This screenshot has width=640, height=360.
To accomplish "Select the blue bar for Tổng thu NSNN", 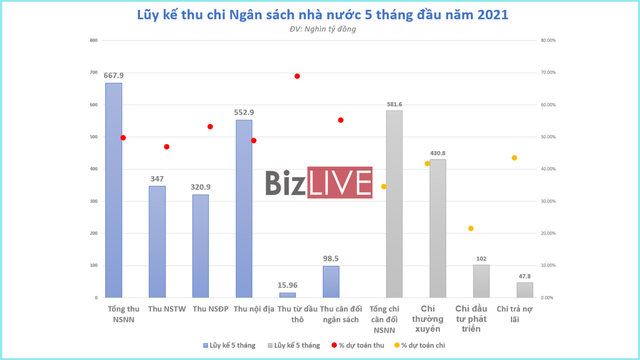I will [x=114, y=190].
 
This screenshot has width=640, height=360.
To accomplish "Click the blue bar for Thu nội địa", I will [x=243, y=209].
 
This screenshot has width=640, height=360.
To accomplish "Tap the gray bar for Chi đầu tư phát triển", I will [x=481, y=281].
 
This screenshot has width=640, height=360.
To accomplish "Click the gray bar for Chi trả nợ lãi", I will [x=524, y=290].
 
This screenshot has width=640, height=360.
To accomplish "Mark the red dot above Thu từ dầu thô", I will [x=297, y=76].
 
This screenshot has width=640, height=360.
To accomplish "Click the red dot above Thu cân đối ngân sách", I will [x=340, y=120].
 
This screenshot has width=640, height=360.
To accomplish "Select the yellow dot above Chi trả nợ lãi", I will [x=514, y=158].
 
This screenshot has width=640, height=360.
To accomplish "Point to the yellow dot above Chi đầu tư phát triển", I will [x=471, y=229].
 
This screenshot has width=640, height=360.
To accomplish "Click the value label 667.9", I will [x=114, y=74].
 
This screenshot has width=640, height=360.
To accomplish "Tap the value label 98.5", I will [x=331, y=258].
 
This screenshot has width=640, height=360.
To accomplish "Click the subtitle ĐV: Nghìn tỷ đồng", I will [x=317, y=30].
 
